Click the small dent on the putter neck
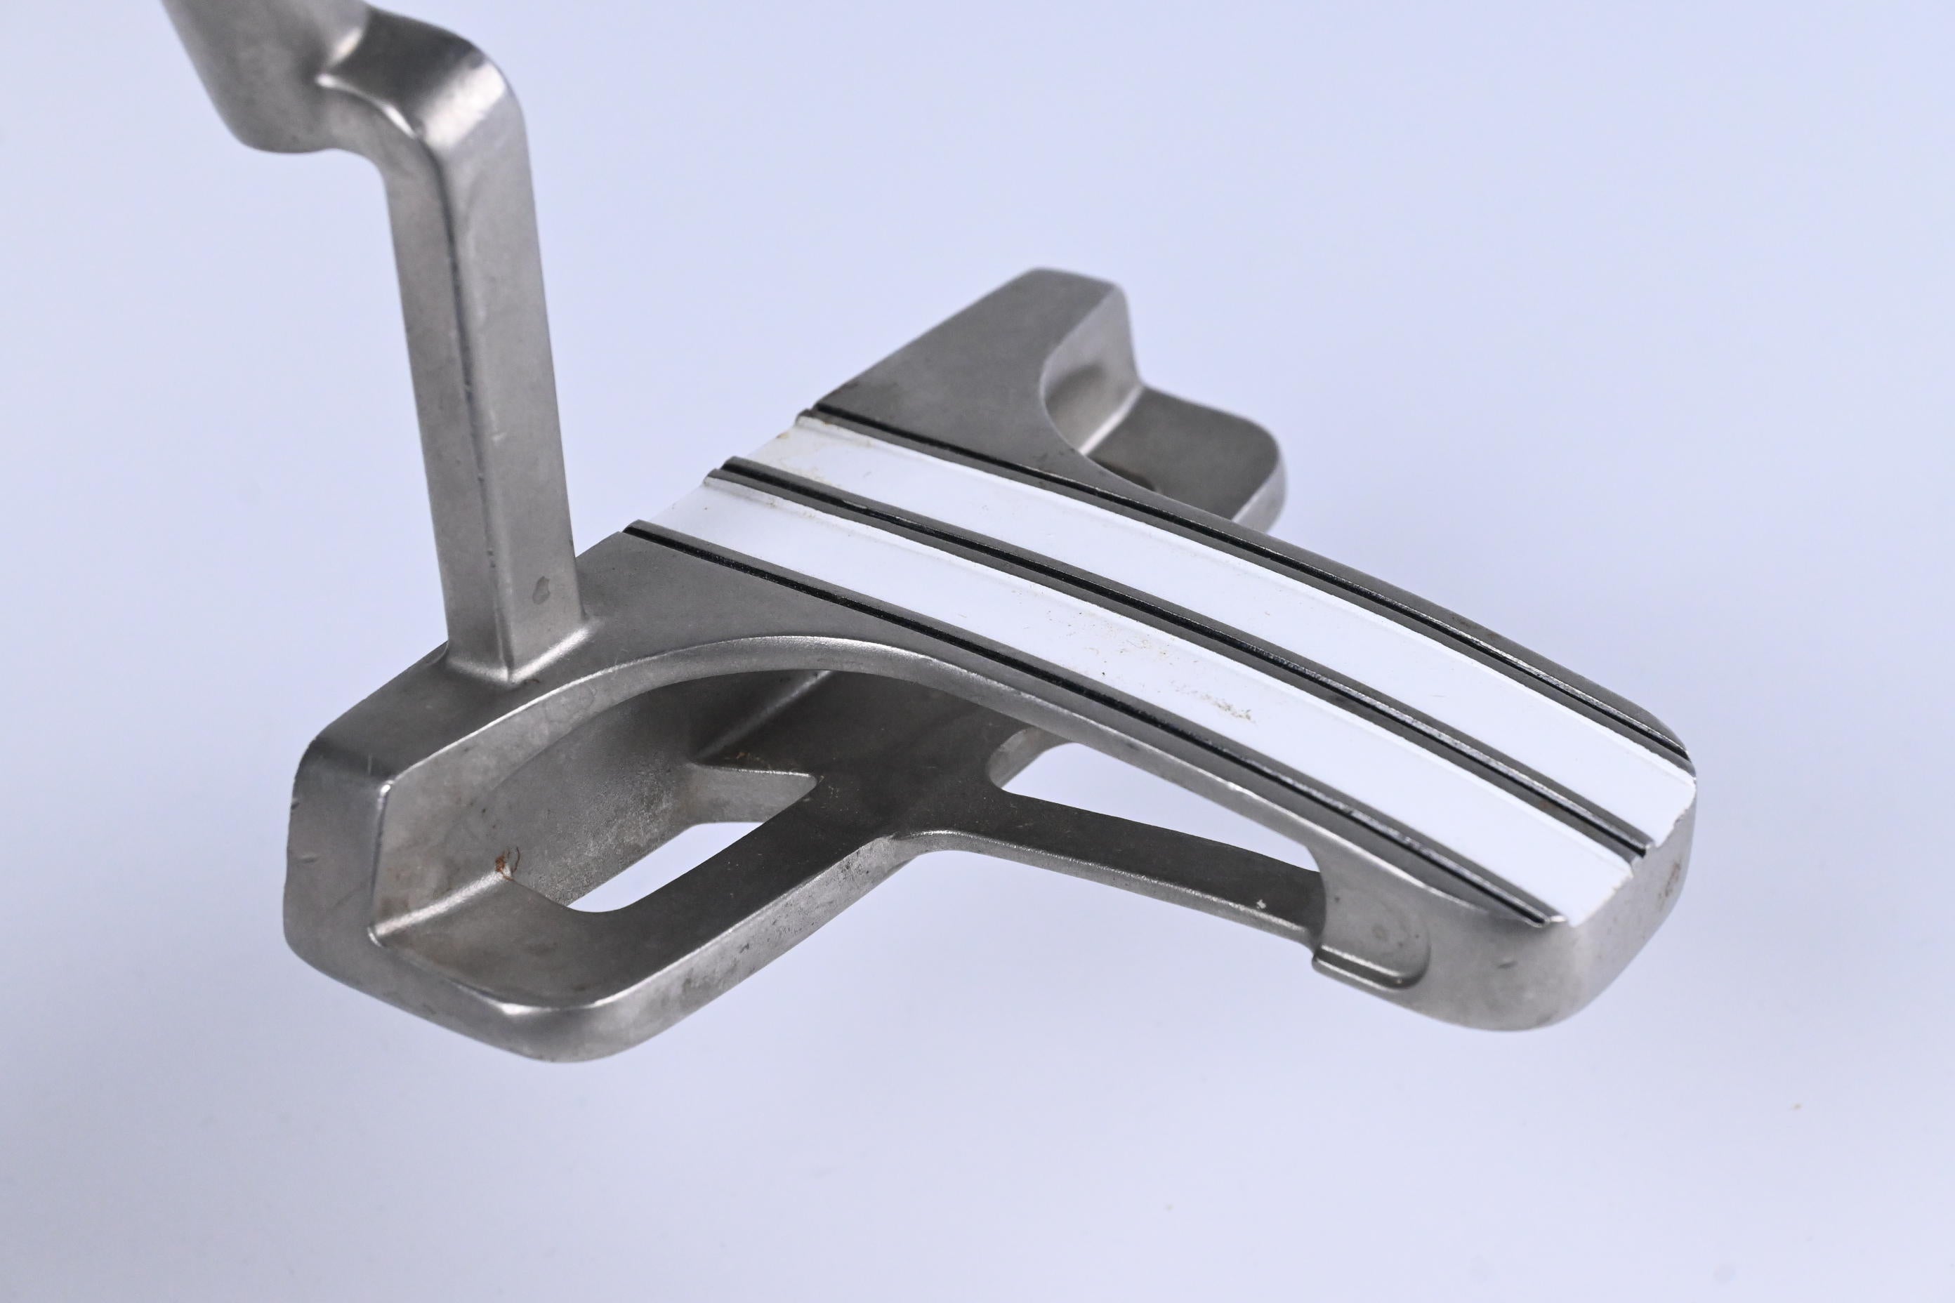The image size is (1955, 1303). click(542, 590)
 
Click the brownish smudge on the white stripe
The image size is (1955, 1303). click(1230, 710)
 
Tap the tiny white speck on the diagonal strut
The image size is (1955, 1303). click(1261, 901)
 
